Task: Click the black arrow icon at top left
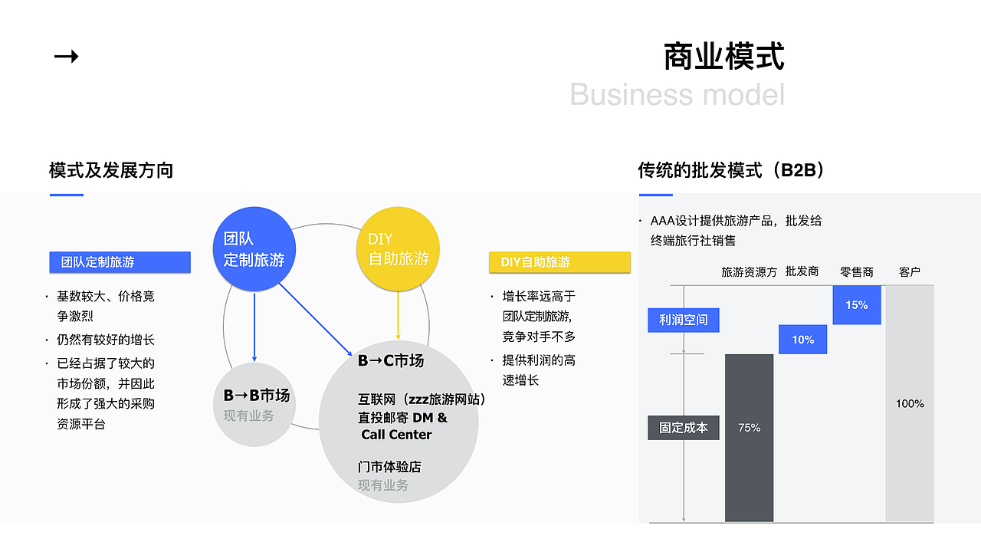tap(66, 56)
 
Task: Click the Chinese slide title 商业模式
tap(723, 57)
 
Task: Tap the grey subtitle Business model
tap(677, 94)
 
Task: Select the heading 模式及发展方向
tap(111, 170)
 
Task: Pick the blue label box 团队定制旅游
tap(120, 262)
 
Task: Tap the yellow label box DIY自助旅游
tap(559, 262)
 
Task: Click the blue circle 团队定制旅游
tap(254, 249)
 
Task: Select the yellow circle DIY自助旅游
tap(398, 249)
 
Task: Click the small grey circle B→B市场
tap(254, 405)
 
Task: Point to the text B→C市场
tap(390, 360)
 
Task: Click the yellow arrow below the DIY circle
tap(398, 316)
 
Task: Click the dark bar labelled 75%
tap(749, 437)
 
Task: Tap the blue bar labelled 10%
tap(802, 340)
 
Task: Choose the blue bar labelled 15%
tap(856, 304)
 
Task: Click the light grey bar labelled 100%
tap(910, 404)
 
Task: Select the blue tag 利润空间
tap(684, 320)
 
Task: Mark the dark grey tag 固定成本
tap(684, 428)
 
